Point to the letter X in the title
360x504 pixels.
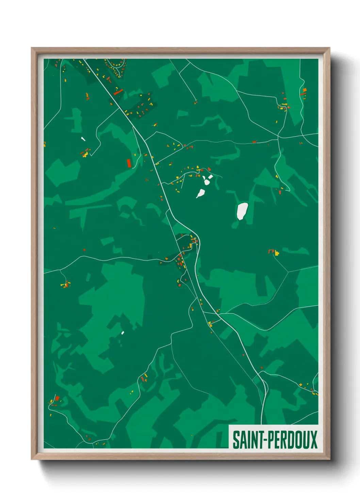click(x=313, y=440)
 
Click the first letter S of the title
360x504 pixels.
click(x=235, y=440)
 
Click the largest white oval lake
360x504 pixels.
click(x=242, y=211)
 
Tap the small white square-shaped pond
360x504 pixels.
click(x=211, y=177)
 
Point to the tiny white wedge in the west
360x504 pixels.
click(x=83, y=139)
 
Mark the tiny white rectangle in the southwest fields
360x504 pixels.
click(x=122, y=333)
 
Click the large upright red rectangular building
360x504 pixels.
click(x=129, y=163)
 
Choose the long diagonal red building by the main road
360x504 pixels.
click(x=118, y=92)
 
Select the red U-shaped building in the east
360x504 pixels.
click(x=271, y=252)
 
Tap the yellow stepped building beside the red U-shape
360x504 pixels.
click(x=277, y=253)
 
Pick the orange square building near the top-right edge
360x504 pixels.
click(x=305, y=90)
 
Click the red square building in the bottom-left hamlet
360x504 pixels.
click(x=57, y=398)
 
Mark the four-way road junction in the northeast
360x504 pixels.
click(x=278, y=138)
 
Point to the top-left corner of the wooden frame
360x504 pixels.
click(x=32, y=48)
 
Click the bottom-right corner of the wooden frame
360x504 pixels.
click(x=329, y=459)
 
